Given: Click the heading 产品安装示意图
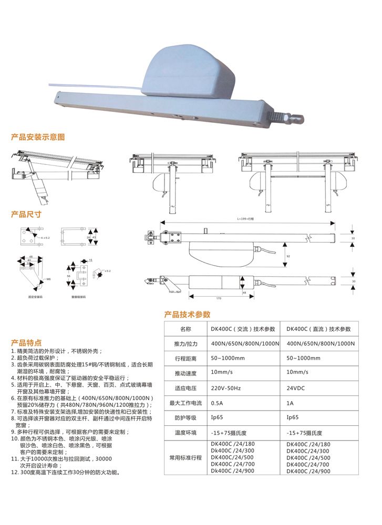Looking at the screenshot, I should pos(38,137).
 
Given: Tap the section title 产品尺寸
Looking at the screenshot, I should pos(26,215).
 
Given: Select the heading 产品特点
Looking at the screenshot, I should pos(26,342).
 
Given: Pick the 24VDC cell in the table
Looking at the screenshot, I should pos(297,390).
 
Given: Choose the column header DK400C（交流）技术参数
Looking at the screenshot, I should pos(243,329).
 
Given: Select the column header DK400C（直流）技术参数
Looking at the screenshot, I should pos(318,329).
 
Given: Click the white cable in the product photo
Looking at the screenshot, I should pos(95,85).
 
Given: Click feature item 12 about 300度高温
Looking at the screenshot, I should pos(68,472).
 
